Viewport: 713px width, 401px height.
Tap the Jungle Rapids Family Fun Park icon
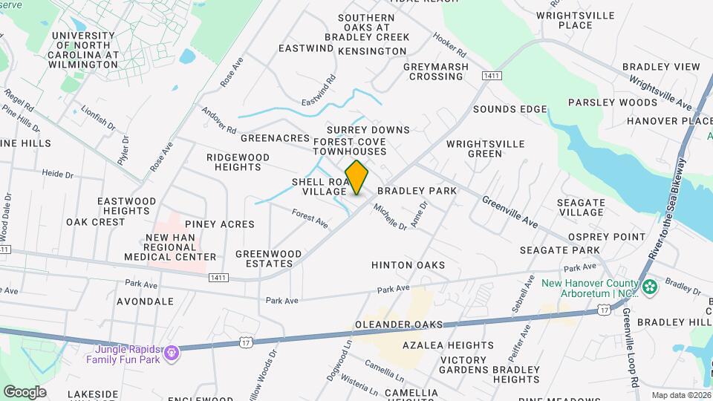(x=172, y=352)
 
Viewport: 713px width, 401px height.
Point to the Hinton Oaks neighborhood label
(x=408, y=265)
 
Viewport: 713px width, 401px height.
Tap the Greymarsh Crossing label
(x=436, y=71)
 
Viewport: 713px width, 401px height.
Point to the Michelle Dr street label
(x=390, y=216)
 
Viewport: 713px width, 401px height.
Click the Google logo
(x=25, y=392)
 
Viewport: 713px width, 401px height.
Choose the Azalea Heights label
(x=447, y=345)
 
